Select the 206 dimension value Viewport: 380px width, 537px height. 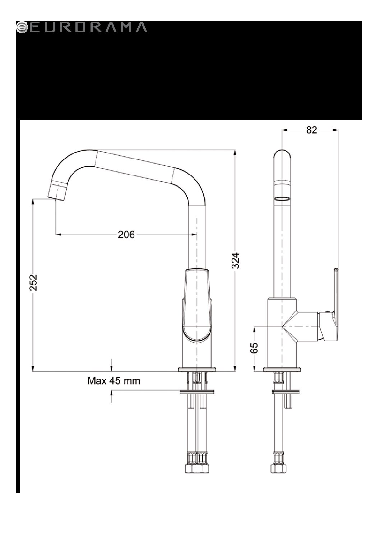point(126,235)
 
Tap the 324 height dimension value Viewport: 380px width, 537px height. point(235,261)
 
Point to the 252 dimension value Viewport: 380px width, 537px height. point(33,283)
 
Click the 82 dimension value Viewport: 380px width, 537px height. point(312,130)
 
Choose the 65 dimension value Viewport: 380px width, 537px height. point(254,348)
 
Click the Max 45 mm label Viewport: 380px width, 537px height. point(113,381)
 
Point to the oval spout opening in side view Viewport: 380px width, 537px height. point(282,198)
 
